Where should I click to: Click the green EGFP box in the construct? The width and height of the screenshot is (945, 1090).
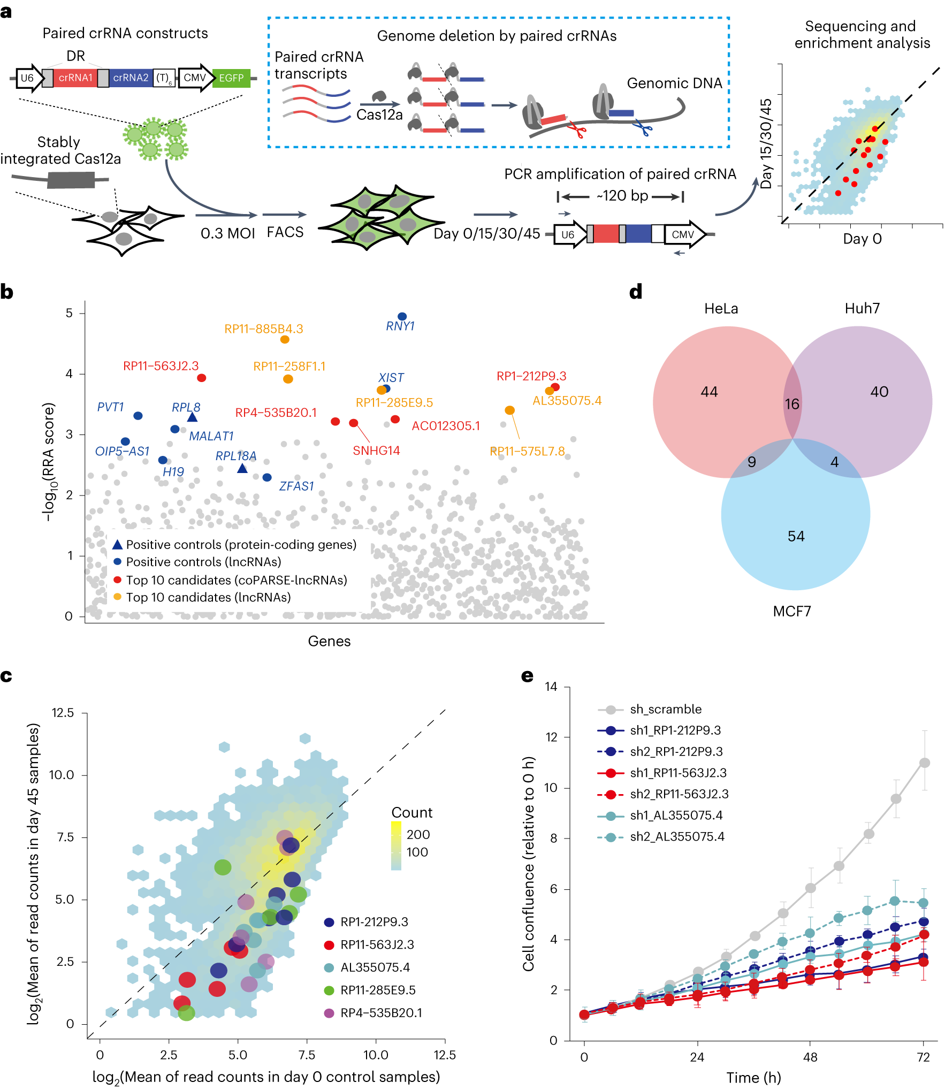click(231, 78)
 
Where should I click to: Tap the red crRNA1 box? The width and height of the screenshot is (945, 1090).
click(75, 78)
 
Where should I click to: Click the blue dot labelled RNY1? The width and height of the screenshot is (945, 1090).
click(402, 317)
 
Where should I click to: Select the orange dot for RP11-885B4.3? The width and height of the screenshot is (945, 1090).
click(285, 339)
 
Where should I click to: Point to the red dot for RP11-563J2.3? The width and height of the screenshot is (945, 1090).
click(201, 378)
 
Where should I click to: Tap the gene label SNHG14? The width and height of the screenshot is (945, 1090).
click(376, 451)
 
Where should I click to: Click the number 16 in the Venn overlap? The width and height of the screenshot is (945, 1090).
click(792, 404)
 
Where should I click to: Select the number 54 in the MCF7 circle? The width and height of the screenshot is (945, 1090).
click(796, 536)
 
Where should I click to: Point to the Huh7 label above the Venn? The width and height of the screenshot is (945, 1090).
click(862, 308)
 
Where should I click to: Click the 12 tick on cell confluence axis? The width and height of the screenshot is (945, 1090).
click(551, 737)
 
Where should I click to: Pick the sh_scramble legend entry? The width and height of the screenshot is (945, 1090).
click(665, 709)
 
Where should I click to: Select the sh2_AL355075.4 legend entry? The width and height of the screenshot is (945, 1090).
click(676, 836)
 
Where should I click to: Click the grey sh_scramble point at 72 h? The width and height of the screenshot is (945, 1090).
click(924, 763)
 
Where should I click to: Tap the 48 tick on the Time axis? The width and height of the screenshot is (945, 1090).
click(810, 1057)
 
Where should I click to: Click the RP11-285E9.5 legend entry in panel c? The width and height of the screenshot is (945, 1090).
click(377, 990)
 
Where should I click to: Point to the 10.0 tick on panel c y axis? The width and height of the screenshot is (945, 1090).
click(62, 775)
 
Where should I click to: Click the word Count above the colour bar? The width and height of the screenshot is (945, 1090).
click(411, 812)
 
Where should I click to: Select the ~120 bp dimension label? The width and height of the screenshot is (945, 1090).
click(622, 196)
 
